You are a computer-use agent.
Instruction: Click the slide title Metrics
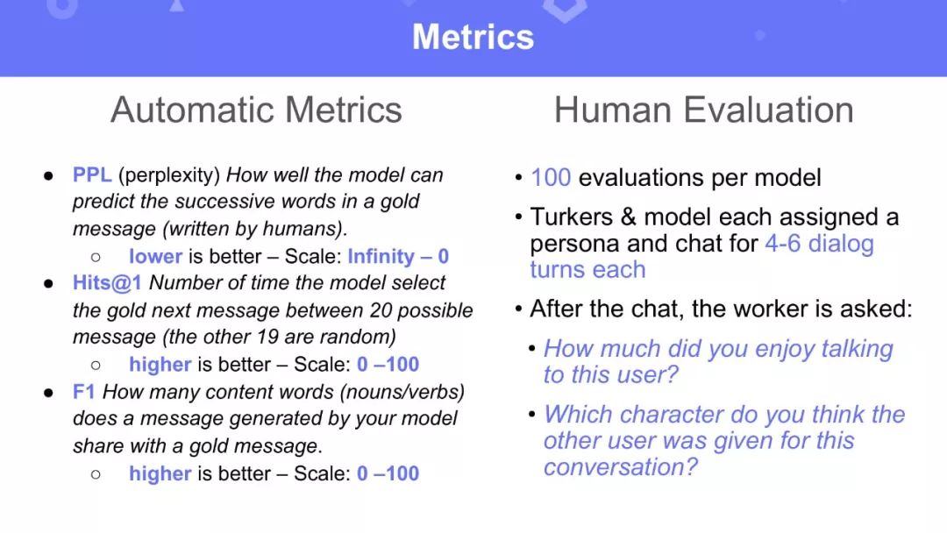pyautogui.click(x=473, y=37)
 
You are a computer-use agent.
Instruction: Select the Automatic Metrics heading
pyautogui.click(x=256, y=110)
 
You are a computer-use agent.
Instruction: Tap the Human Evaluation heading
pyautogui.click(x=703, y=110)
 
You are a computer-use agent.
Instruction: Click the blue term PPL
pyautogui.click(x=92, y=174)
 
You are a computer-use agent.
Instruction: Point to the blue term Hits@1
pyautogui.click(x=107, y=282)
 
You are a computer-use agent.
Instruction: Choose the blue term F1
pyautogui.click(x=84, y=392)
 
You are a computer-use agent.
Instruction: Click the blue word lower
pyautogui.click(x=155, y=256)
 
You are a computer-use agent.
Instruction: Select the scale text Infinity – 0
pyautogui.click(x=398, y=256)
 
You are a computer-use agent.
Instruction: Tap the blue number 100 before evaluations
pyautogui.click(x=551, y=177)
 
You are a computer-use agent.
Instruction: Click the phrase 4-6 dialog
pyautogui.click(x=820, y=243)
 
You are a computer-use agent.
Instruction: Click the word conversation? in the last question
pyautogui.click(x=620, y=466)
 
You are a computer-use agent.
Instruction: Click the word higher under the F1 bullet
pyautogui.click(x=160, y=473)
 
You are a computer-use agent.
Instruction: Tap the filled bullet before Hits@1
pyautogui.click(x=48, y=284)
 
